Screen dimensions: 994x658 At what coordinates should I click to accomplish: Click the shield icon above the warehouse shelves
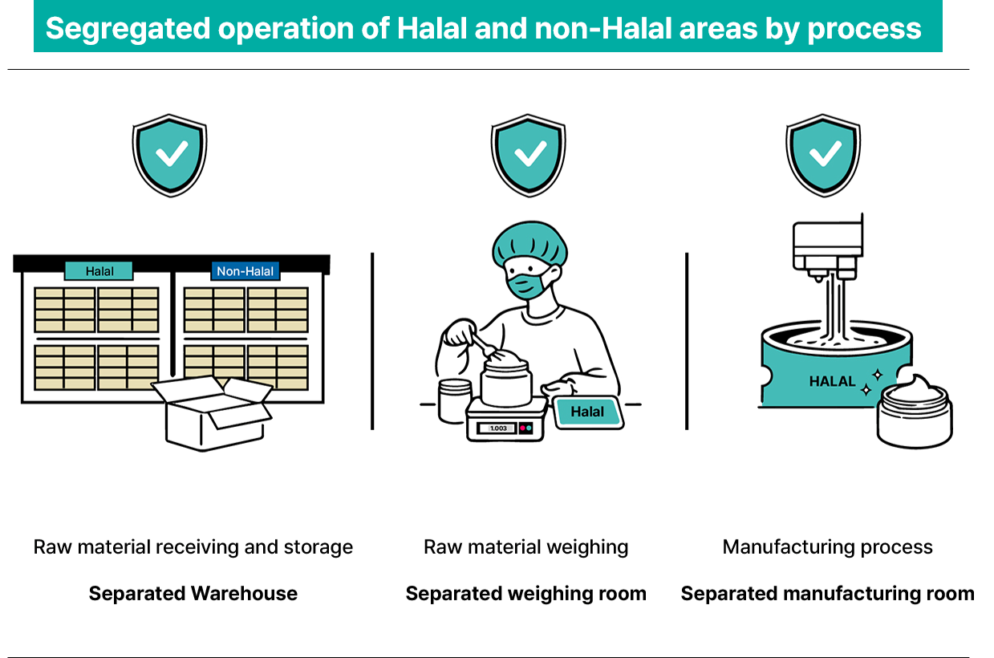(x=170, y=156)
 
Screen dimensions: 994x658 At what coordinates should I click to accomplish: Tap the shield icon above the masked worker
(x=528, y=156)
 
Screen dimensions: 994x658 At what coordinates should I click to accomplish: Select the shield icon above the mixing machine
(x=824, y=156)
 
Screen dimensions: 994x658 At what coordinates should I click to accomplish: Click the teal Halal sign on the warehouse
(x=99, y=271)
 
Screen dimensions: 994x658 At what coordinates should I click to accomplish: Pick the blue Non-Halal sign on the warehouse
(x=245, y=271)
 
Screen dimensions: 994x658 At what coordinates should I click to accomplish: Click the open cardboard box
(x=212, y=413)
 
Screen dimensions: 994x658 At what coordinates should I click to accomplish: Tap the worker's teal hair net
(x=529, y=243)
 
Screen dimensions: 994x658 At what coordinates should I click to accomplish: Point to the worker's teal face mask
(x=527, y=285)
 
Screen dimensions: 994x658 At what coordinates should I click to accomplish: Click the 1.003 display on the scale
(x=498, y=429)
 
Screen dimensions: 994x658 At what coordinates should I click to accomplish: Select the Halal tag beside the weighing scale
(x=588, y=412)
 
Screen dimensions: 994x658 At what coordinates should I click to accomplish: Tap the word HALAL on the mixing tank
(x=832, y=381)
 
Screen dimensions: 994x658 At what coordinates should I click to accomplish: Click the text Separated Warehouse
(x=193, y=594)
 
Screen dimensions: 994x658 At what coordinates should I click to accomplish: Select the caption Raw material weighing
(x=525, y=547)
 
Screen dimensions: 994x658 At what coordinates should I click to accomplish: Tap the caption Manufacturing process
(x=828, y=547)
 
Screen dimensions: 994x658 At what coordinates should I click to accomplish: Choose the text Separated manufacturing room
(x=828, y=594)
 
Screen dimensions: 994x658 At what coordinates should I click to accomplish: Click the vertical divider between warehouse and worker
(x=372, y=341)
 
